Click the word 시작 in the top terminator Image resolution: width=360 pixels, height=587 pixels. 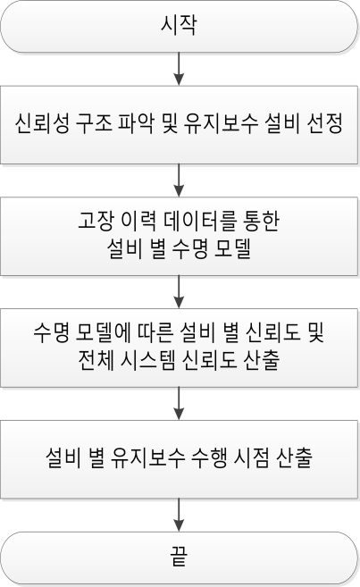pyautogui.click(x=179, y=25)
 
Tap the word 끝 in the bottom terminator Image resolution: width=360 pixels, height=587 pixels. pyautogui.click(x=179, y=557)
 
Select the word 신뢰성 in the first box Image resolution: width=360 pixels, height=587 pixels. pyautogui.click(x=42, y=124)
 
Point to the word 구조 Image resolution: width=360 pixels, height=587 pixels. pyautogui.click(x=94, y=124)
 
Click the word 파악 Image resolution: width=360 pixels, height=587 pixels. pyautogui.click(x=136, y=124)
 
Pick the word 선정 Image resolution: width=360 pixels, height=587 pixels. pyautogui.click(x=324, y=124)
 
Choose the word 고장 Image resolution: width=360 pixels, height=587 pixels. pyautogui.click(x=96, y=221)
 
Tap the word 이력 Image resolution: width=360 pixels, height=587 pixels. pyautogui.click(x=138, y=221)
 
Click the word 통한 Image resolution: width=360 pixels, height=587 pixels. pyautogui.click(x=261, y=221)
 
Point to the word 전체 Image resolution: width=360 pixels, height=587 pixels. pyautogui.click(x=96, y=360)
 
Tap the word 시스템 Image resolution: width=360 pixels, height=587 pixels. pyautogui.click(x=147, y=360)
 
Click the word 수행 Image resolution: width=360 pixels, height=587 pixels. pyautogui.click(x=208, y=457)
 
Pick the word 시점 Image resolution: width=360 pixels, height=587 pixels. pyautogui.click(x=251, y=457)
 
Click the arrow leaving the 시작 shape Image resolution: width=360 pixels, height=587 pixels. pyautogui.click(x=180, y=69)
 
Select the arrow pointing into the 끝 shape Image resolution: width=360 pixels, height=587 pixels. pyautogui.click(x=180, y=515)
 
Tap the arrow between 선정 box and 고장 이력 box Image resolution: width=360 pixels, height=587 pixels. pyautogui.click(x=180, y=180)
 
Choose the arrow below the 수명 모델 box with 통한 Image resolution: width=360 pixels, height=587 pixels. pyautogui.click(x=180, y=291)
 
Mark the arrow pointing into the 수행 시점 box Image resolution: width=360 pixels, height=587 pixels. pyautogui.click(x=180, y=403)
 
